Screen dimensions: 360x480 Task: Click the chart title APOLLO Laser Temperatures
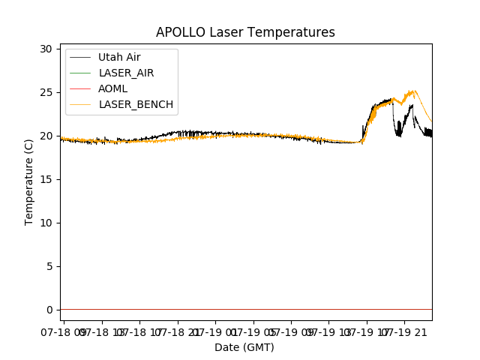click(x=245, y=32)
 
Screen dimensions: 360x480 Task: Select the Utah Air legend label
click(x=119, y=57)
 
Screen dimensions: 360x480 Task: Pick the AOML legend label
click(x=113, y=88)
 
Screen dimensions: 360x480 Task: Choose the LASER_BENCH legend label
click(x=136, y=104)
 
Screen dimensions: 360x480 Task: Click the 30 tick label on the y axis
click(x=46, y=49)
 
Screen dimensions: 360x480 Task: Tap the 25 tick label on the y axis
click(x=46, y=92)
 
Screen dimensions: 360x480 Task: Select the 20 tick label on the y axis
click(x=46, y=136)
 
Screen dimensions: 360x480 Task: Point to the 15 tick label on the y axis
click(x=46, y=179)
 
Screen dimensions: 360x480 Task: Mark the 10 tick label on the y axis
click(x=46, y=223)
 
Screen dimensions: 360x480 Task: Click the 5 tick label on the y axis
click(x=49, y=266)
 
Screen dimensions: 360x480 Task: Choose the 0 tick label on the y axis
click(x=49, y=310)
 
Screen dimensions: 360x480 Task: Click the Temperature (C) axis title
click(x=29, y=181)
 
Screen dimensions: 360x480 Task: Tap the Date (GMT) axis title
click(x=244, y=347)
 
